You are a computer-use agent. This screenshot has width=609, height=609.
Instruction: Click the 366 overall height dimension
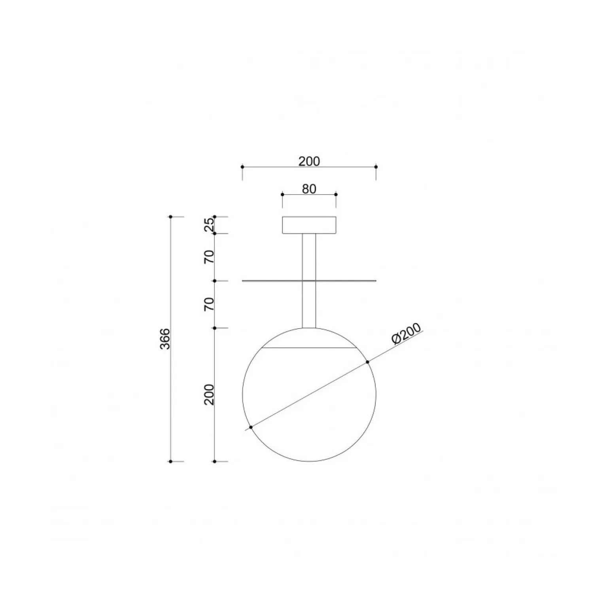click(166, 339)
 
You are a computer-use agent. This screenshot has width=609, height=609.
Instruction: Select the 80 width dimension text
click(309, 189)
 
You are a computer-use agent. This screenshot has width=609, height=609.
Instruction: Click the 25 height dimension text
click(209, 225)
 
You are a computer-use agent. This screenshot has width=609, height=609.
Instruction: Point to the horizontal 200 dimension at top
click(309, 161)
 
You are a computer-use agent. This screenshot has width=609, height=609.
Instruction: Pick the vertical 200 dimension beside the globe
click(209, 394)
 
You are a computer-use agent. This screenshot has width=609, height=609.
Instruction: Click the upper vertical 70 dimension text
click(209, 257)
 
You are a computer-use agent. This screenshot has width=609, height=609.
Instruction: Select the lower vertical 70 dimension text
click(209, 304)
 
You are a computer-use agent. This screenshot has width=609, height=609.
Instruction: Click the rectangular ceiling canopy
click(309, 225)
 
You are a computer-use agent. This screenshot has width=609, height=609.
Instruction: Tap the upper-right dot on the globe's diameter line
click(368, 362)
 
